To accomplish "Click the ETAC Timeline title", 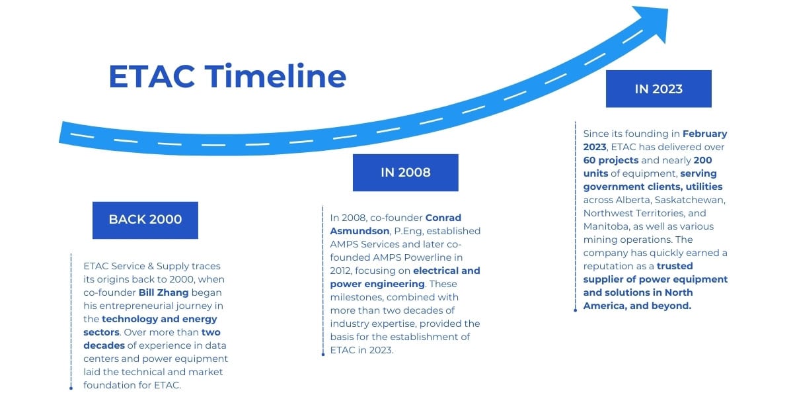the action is [227, 76].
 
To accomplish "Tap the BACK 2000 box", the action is [145, 220].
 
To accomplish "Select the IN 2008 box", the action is [405, 173].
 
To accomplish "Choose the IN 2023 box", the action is [658, 89].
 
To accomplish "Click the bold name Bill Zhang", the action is [164, 292].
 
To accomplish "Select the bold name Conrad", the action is [443, 218].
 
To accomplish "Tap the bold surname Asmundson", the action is [359, 231].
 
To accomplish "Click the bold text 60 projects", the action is [611, 160].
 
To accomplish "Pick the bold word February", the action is [705, 134].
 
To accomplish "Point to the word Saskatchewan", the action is [690, 200].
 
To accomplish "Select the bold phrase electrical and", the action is [447, 271].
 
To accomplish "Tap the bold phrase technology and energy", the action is [159, 319].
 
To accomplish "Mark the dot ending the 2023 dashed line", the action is [576, 310].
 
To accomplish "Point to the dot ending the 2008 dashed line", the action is [323, 354].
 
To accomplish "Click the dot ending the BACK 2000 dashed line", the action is [71, 388].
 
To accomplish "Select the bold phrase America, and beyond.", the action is [637, 306].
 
